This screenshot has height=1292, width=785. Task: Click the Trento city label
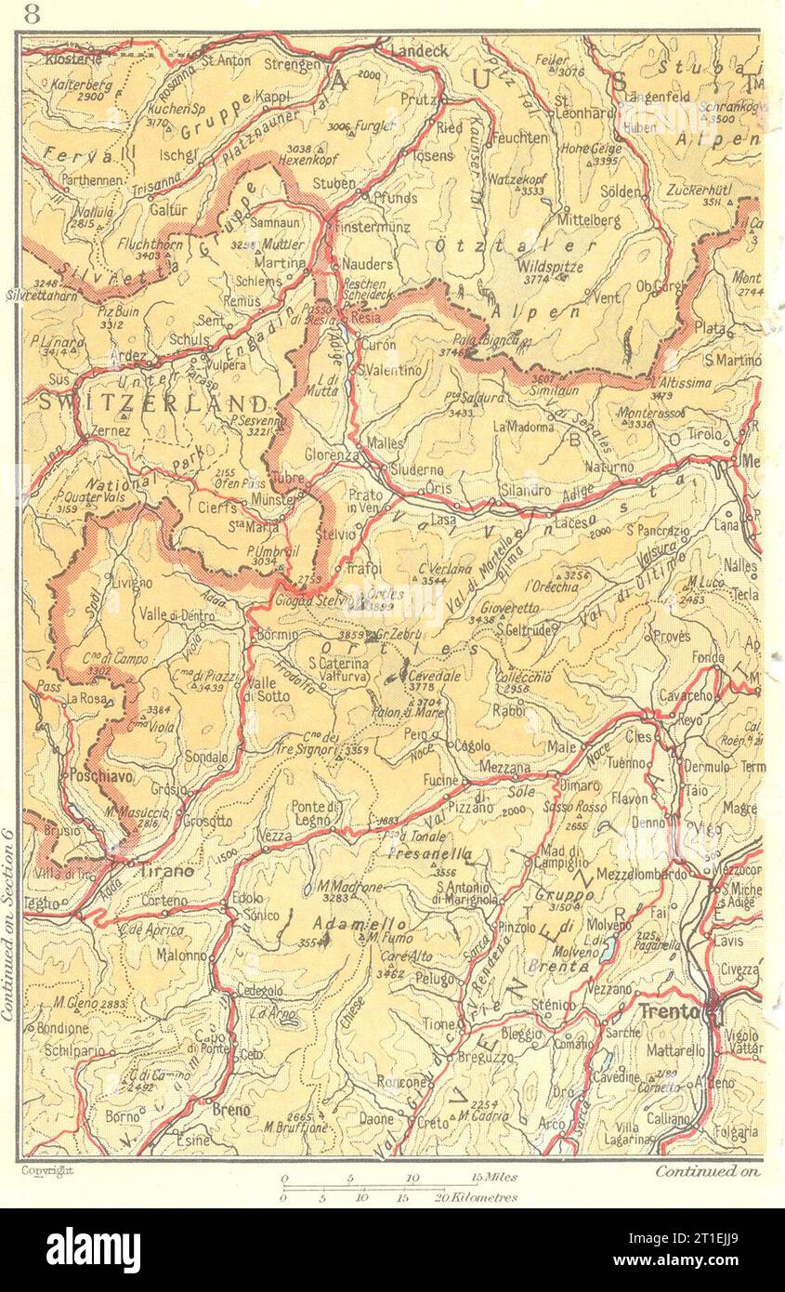pos(667,1011)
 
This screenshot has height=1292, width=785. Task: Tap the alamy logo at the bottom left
pos(93,1250)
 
